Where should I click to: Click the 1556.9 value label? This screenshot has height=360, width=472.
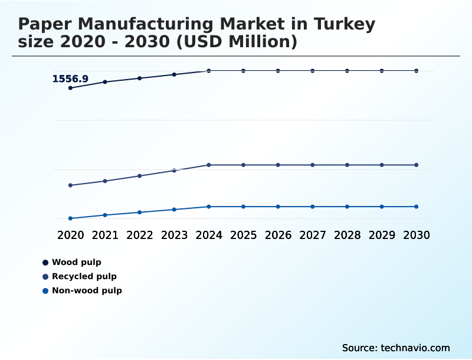click(x=70, y=79)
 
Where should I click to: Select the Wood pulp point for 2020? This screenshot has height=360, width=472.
click(x=71, y=88)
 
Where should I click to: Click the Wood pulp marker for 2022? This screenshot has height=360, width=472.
click(x=140, y=78)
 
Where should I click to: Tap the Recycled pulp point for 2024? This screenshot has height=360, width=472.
click(x=209, y=165)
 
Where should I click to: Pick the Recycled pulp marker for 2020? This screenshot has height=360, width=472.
click(x=71, y=185)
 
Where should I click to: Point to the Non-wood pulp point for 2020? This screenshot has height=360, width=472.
click(x=71, y=218)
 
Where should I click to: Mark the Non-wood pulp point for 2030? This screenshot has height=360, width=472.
click(x=417, y=207)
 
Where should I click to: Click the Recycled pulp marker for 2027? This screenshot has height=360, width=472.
click(x=313, y=165)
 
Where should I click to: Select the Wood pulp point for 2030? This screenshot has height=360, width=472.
click(x=417, y=71)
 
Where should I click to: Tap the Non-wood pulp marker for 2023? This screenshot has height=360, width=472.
click(x=174, y=210)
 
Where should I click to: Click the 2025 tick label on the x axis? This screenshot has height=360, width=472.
click(x=243, y=235)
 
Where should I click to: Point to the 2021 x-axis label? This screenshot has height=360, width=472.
click(x=105, y=235)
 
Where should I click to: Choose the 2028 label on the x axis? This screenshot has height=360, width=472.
click(x=347, y=235)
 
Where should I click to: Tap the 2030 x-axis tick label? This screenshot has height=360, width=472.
click(x=417, y=235)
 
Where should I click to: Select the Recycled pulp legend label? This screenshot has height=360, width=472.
click(x=84, y=276)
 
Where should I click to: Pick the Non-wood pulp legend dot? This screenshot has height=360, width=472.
click(x=45, y=290)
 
